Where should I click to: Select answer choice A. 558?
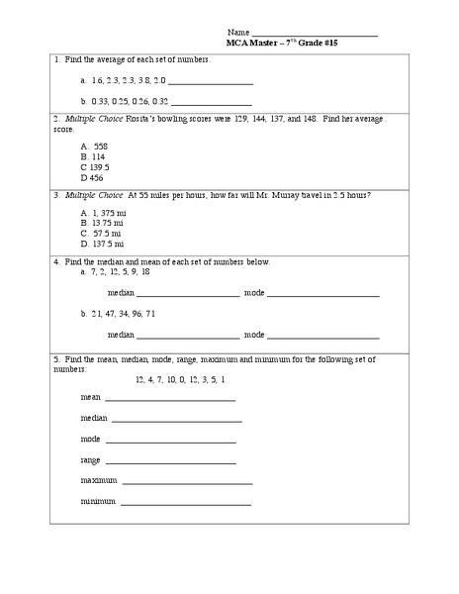pos(94,146)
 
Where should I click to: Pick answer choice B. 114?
pos(92,156)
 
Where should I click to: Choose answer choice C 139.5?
pos(95,167)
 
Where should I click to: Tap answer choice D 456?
pos(91,178)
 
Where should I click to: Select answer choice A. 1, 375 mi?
pos(103,212)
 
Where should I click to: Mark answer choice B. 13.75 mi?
pos(101,223)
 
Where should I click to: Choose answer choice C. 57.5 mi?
pos(100,233)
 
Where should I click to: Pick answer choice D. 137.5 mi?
pos(102,244)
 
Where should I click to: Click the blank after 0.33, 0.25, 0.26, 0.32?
pos(212,102)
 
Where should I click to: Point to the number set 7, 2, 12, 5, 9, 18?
pos(120,271)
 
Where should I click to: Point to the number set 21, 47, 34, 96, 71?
pos(123,314)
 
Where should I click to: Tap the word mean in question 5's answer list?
pos(90,397)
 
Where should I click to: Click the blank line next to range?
pos(170,461)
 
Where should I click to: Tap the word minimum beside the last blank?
pos(98,502)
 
